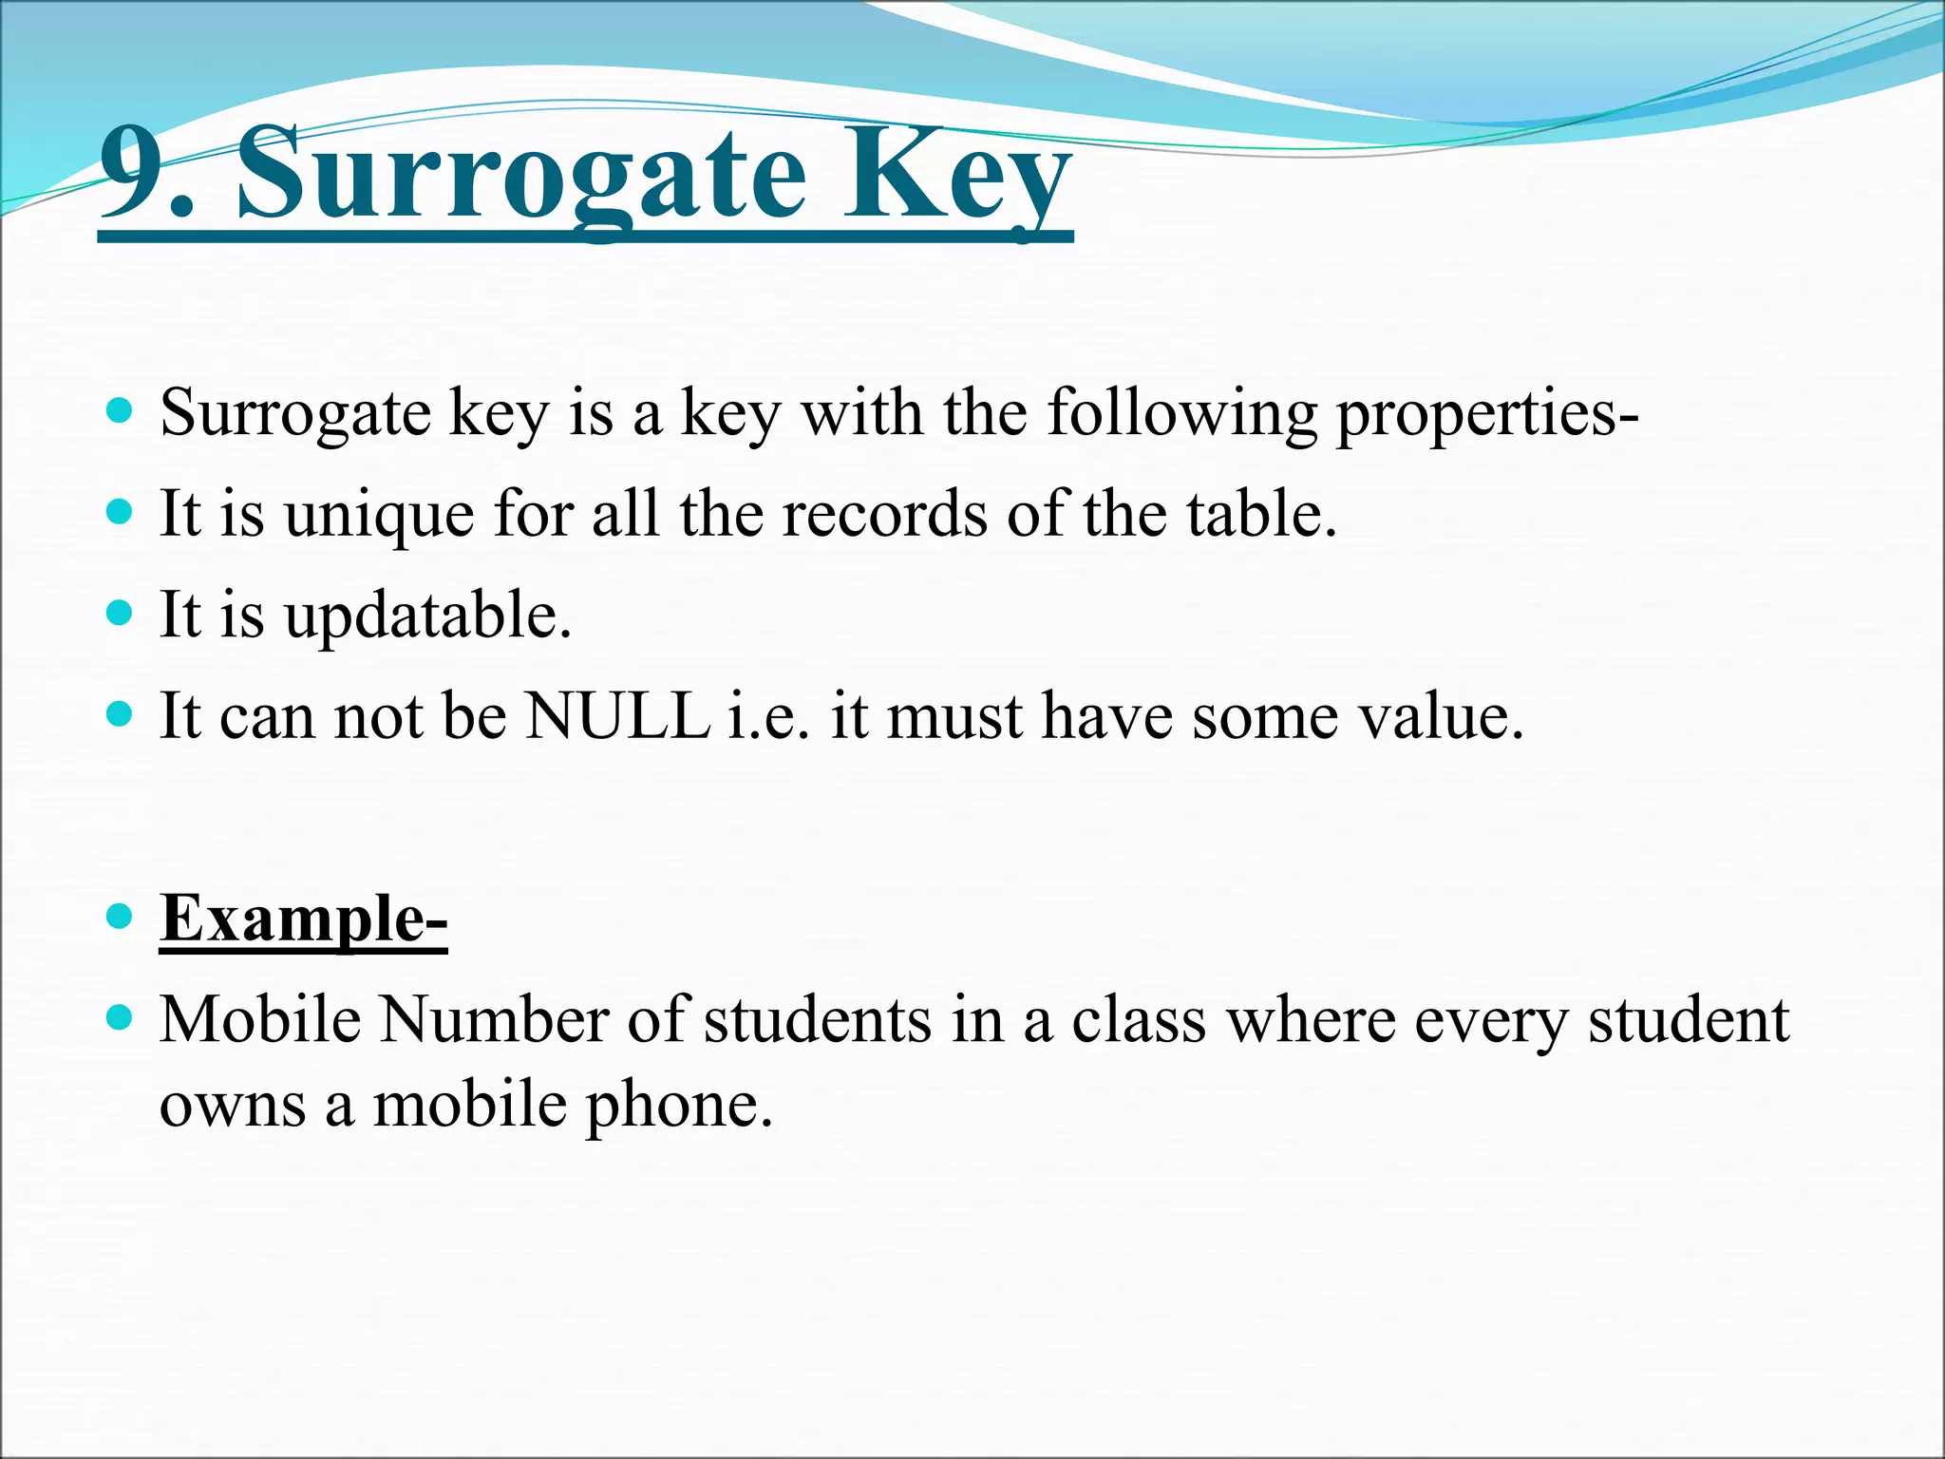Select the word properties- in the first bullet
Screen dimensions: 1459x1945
pyautogui.click(x=1487, y=415)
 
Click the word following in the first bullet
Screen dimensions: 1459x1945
pyautogui.click(x=1181, y=415)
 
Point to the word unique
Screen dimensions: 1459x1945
pyautogui.click(x=378, y=517)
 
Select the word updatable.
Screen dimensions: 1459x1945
pyautogui.click(x=427, y=616)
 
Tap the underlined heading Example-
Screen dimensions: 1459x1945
pyautogui.click(x=303, y=919)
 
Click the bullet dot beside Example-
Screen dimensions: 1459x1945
pyautogui.click(x=119, y=917)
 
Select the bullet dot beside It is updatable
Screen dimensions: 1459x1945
pyautogui.click(x=119, y=613)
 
